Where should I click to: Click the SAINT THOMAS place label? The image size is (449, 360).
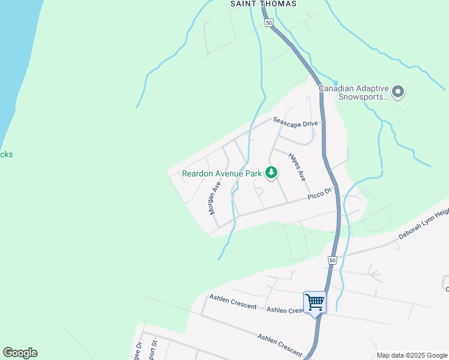tap(264, 4)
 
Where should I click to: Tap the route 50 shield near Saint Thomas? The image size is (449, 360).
tap(268, 23)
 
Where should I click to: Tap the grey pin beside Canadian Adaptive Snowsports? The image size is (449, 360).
tap(398, 92)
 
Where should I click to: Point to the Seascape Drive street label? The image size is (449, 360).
tap(295, 122)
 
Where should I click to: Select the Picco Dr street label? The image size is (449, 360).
tap(319, 194)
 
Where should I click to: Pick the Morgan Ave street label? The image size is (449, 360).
tap(215, 198)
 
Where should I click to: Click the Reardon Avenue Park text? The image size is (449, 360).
tap(221, 173)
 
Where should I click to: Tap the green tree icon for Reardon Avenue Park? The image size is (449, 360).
tap(271, 173)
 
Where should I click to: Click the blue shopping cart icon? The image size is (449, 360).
tap(315, 302)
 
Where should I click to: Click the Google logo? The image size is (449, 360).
tap(20, 353)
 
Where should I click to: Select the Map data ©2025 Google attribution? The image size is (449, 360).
tap(411, 355)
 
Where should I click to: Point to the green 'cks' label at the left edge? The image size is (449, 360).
tap(6, 154)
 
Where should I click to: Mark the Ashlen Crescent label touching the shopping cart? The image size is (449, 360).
tap(286, 310)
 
